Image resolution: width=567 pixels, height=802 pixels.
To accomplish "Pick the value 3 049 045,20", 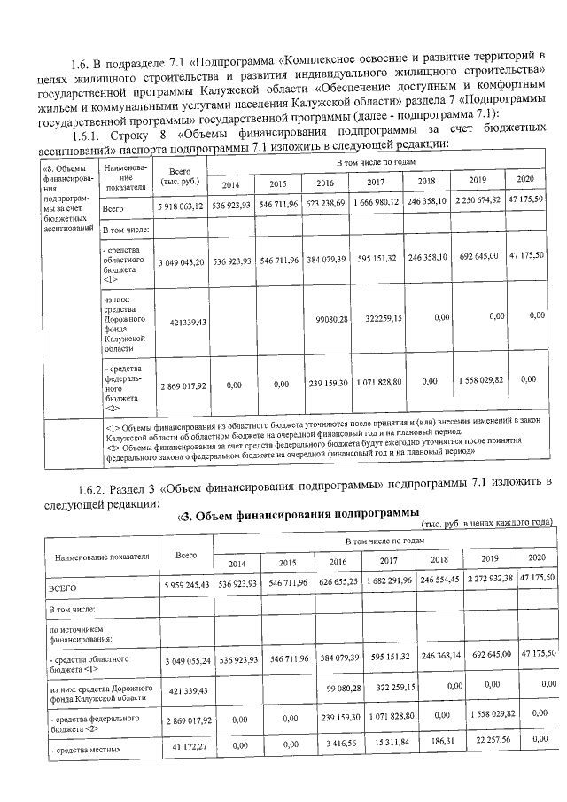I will click(x=181, y=263).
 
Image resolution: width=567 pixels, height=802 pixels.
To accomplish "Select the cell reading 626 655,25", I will click(x=336, y=585).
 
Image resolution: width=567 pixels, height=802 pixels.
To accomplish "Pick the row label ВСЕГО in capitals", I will click(x=65, y=588).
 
